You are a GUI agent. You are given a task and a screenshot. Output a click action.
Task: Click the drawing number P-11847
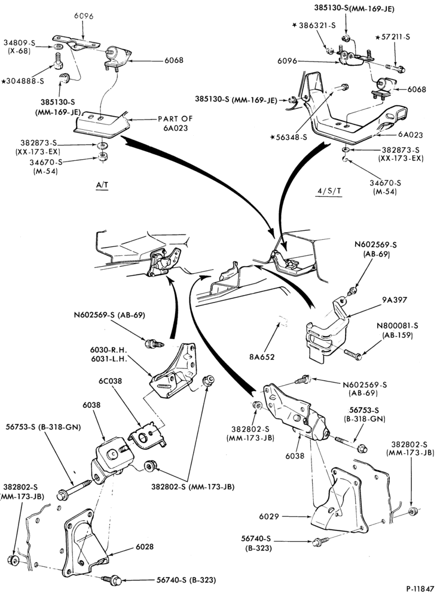pos(420,588)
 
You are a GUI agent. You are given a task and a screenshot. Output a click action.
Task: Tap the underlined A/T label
pos(102,185)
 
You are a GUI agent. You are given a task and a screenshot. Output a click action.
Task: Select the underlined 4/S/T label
pos(329,191)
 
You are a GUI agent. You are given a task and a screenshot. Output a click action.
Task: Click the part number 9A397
pos(394,300)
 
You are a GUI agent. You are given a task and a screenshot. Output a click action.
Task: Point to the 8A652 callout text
pos(262,357)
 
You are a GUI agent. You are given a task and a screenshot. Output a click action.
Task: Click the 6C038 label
pos(110,380)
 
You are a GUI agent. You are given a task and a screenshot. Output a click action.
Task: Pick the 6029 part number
pos(269,517)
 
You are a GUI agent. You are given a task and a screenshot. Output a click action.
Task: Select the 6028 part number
pos(145,547)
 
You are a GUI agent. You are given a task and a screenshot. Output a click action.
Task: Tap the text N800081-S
pos(398,326)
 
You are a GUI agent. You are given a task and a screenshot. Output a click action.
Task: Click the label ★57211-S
pos(393,37)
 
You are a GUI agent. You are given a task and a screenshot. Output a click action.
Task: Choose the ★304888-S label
pos(23,81)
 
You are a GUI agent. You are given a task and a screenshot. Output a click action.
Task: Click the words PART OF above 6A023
pos(175,118)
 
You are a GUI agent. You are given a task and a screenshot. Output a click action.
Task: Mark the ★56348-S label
pos(289,137)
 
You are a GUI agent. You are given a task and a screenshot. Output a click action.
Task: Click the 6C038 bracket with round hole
pos(148,435)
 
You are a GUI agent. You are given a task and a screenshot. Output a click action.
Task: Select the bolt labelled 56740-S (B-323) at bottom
pos(111,580)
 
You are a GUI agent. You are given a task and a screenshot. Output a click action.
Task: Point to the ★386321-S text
pos(314,25)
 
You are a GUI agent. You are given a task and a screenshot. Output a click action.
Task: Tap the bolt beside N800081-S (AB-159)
pos(353,354)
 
